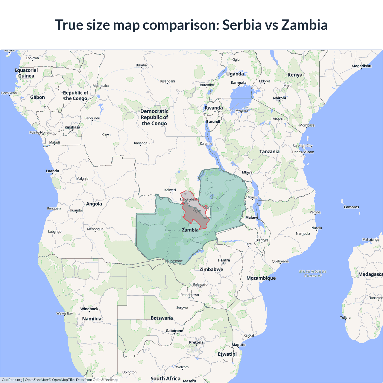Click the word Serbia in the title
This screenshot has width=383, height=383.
242,25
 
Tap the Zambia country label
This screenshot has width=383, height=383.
190,230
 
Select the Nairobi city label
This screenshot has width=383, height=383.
279,98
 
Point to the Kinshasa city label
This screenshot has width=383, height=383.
72,127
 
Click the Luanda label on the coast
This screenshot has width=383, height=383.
52,171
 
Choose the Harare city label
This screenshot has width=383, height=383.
224,260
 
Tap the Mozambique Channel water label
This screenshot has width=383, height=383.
313,273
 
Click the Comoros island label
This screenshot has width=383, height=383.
351,207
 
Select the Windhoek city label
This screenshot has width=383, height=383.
89,309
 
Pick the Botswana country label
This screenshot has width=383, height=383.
162,318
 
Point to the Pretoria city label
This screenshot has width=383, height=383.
196,342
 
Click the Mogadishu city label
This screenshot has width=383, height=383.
361,66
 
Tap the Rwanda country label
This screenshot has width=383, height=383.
214,108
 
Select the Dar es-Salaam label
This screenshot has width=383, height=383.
303,152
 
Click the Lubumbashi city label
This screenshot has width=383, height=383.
189,199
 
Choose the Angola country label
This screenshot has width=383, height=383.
94,204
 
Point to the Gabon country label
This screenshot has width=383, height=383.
37,97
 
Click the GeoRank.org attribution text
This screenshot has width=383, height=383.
12,380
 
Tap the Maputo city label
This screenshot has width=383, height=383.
238,345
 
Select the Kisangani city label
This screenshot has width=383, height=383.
168,81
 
